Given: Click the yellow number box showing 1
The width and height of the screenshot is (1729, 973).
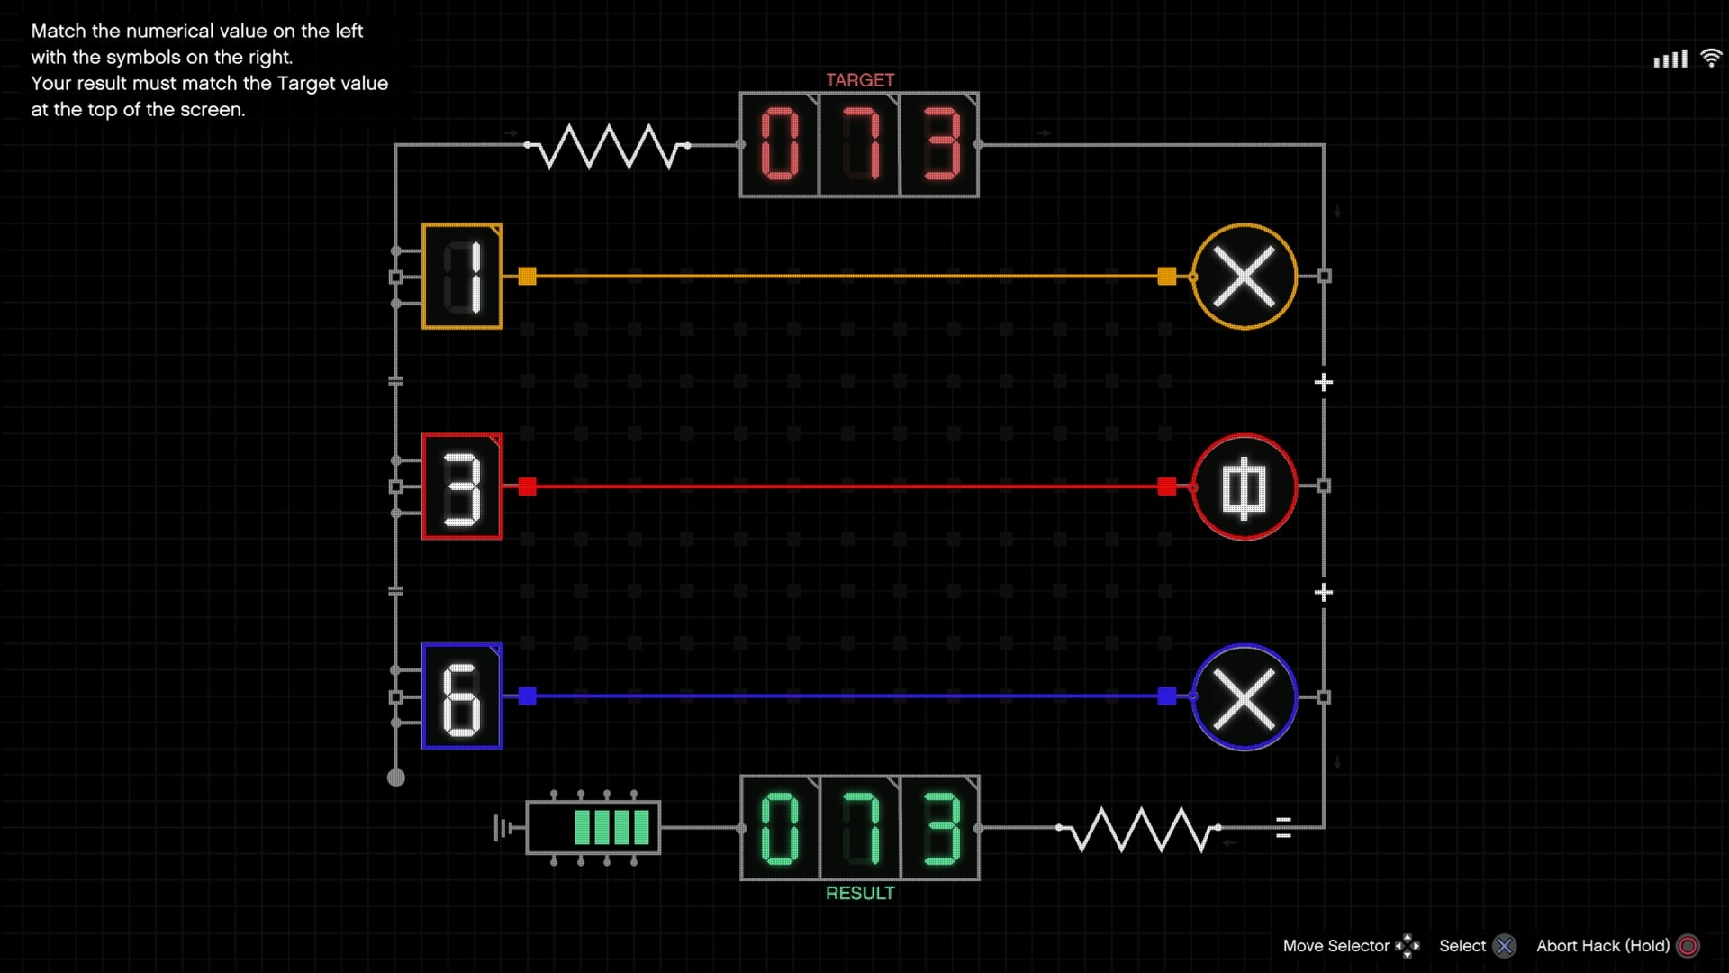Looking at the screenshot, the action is click(462, 276).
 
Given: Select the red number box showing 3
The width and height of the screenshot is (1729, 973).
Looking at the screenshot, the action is click(462, 486).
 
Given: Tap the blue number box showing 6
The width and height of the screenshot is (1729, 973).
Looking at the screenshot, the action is click(462, 696).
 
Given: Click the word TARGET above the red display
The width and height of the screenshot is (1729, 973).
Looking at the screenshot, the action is click(860, 80).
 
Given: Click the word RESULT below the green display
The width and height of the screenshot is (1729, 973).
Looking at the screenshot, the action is click(860, 893).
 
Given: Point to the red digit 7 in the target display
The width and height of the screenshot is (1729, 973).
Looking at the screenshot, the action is click(860, 144).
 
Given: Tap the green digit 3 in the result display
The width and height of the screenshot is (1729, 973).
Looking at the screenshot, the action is click(941, 828).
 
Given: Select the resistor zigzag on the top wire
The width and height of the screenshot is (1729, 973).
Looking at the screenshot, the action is click(608, 147).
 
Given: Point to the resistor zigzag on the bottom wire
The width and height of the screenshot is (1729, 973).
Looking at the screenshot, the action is click(1139, 829).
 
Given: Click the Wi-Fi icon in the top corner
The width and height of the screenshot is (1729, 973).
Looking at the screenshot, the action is click(1711, 59).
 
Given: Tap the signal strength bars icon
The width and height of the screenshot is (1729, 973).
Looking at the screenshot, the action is click(1670, 59).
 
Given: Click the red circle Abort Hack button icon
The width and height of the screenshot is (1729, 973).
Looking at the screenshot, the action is click(1688, 946).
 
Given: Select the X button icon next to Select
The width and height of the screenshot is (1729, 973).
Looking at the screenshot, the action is click(1504, 946).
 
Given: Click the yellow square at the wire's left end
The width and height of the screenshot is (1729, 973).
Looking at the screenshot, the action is click(528, 277).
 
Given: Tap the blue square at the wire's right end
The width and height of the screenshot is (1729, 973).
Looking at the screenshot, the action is click(1167, 696).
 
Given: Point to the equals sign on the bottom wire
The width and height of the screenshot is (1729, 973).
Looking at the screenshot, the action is click(1284, 828).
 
